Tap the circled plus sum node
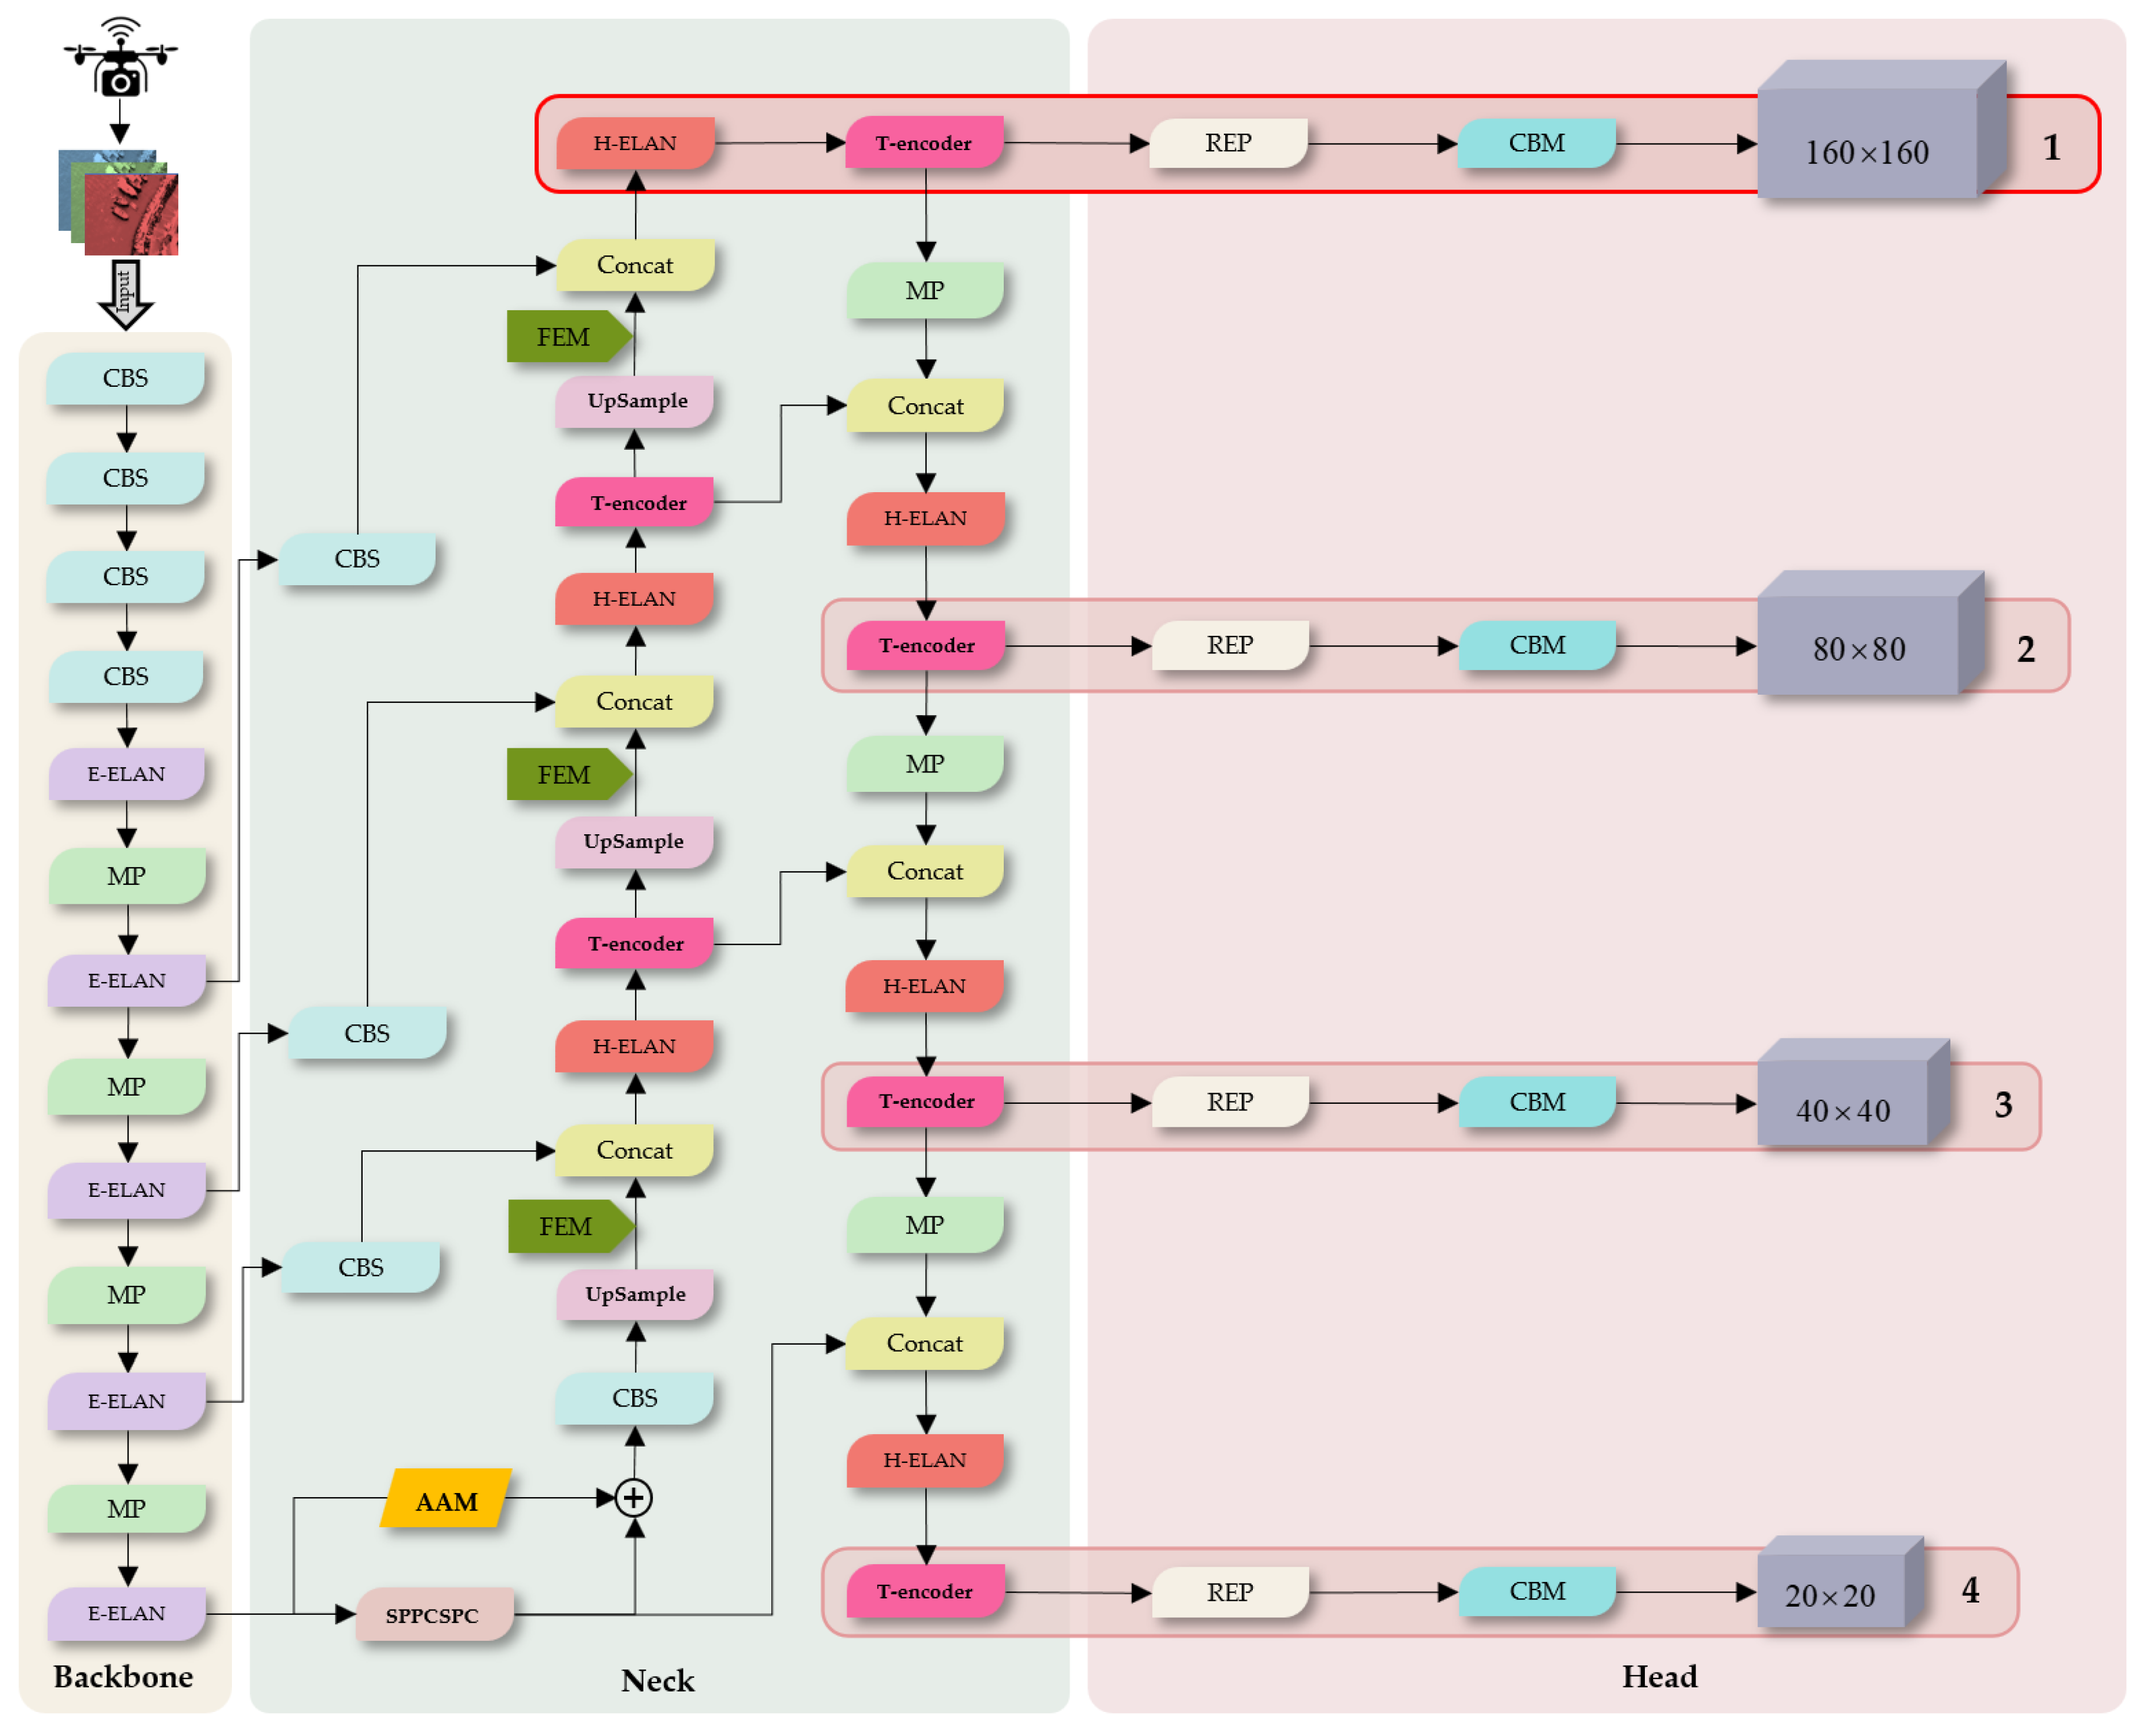tap(633, 1498)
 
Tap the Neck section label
tap(658, 1680)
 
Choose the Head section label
tap(1659, 1676)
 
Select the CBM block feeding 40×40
tap(1537, 1102)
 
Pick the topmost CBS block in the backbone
tap(126, 378)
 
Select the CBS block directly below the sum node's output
tap(635, 1398)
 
